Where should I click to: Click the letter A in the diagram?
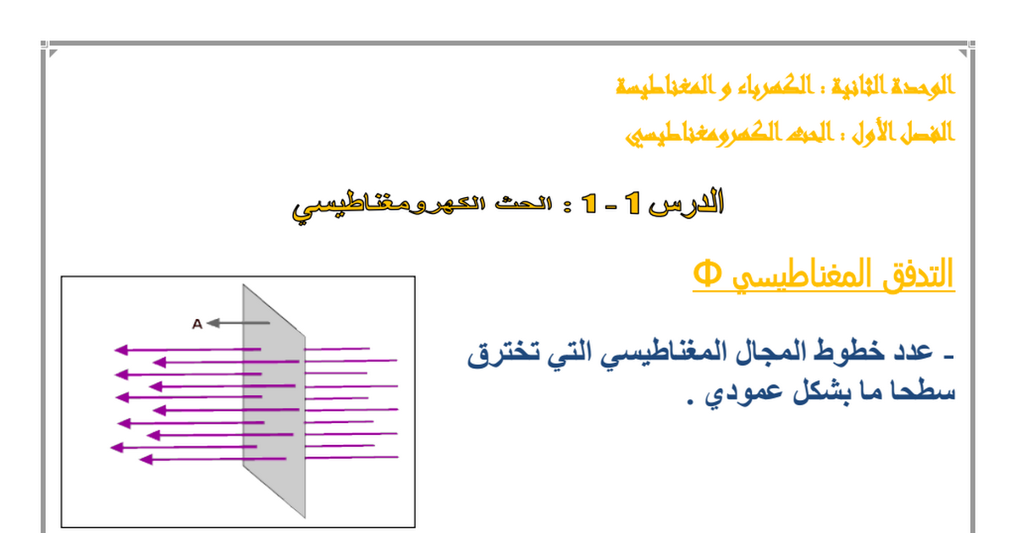tap(196, 323)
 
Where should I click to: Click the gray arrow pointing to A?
tap(238, 323)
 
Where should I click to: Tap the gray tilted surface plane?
tap(274, 401)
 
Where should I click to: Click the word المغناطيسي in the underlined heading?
tap(802, 275)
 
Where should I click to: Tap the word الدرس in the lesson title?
tap(686, 202)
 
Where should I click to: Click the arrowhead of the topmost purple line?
tap(121, 349)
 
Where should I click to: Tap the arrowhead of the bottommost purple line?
tap(146, 459)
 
